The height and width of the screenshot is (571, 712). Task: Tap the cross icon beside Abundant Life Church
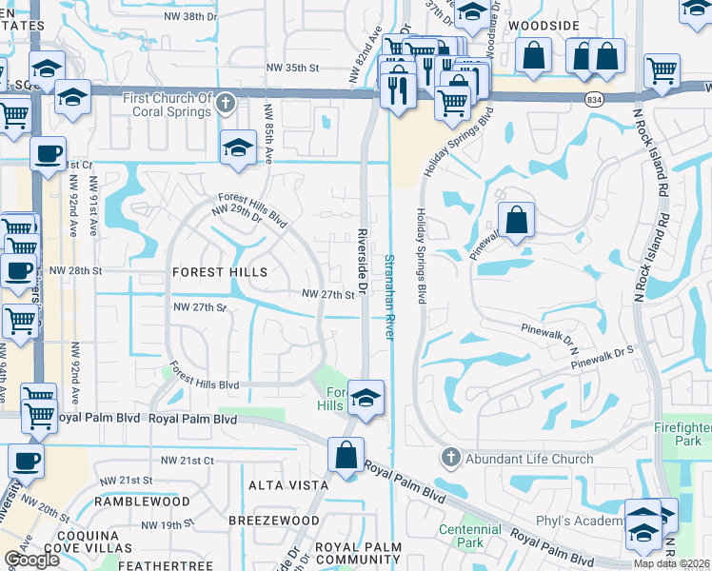pos(450,459)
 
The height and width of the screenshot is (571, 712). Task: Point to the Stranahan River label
pos(389,296)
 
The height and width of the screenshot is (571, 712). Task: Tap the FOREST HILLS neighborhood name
pos(220,272)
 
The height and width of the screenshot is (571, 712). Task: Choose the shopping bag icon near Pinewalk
pos(515,221)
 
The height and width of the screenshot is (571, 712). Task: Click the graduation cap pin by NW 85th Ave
pos(238,148)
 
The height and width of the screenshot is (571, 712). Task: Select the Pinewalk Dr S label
pos(603,352)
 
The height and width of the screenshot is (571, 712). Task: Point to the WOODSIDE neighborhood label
pos(543,26)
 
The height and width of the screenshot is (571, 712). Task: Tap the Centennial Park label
pos(468,536)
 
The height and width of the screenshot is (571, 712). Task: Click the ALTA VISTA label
pos(281,485)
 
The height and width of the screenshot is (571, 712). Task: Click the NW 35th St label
pos(291,68)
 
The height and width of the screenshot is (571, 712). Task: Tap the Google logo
pos(31,560)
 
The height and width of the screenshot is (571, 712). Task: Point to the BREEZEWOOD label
pos(274,521)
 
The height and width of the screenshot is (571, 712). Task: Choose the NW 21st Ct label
pos(188,460)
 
